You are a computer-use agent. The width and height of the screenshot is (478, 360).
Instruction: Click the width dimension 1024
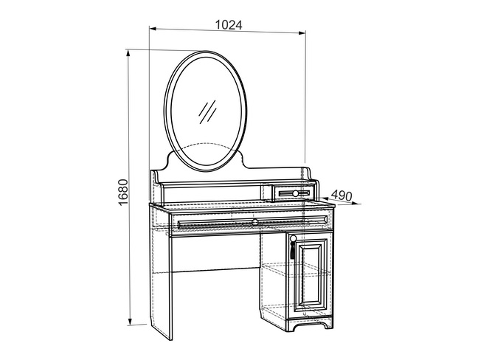(229, 25)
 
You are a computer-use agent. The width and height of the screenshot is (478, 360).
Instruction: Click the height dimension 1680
(123, 193)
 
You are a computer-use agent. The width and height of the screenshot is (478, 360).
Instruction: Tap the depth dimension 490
(342, 195)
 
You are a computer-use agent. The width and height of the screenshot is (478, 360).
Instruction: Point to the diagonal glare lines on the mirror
(207, 112)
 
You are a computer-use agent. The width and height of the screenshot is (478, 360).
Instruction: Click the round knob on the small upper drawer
(295, 193)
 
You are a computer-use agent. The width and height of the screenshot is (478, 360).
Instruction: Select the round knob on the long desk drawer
(254, 221)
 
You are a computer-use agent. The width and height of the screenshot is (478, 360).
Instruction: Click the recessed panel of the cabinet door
(311, 276)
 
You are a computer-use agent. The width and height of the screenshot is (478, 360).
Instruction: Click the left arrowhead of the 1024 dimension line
(153, 29)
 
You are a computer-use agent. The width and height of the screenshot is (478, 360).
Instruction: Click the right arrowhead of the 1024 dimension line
(302, 32)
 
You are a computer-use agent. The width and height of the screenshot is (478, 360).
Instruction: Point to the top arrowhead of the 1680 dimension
(128, 53)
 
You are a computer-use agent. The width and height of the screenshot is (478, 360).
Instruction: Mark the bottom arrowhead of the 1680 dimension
(130, 322)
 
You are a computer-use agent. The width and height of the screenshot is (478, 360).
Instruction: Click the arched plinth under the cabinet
(310, 323)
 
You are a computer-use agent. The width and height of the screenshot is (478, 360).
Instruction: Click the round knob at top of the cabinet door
(293, 238)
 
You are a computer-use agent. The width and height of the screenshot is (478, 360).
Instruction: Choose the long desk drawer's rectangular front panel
(253, 222)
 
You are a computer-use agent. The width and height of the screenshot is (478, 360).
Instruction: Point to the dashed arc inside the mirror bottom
(206, 147)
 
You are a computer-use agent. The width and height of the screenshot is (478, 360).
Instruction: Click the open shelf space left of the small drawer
(213, 193)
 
